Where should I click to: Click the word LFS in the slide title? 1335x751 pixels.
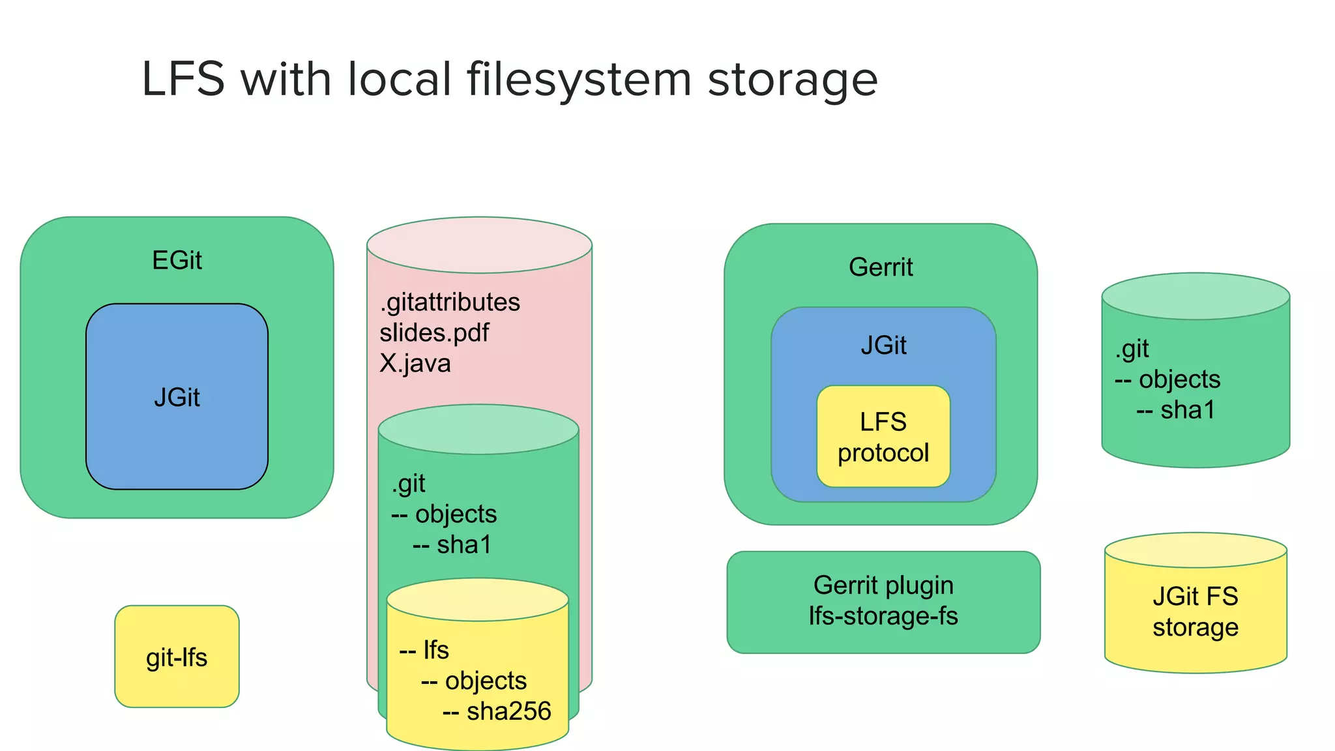click(x=183, y=80)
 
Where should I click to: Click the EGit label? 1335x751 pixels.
click(x=177, y=261)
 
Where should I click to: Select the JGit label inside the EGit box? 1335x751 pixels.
click(x=177, y=398)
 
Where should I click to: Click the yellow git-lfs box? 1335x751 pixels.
click(x=177, y=657)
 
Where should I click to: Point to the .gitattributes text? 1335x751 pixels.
click(x=450, y=302)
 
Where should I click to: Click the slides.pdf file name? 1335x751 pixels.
click(x=434, y=333)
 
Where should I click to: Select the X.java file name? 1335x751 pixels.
click(x=415, y=363)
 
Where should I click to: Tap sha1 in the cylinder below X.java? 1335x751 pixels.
click(x=463, y=545)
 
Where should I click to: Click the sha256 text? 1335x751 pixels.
click(x=508, y=711)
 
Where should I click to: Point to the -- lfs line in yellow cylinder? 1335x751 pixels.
click(x=424, y=651)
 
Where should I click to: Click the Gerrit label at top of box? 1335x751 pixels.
click(x=881, y=267)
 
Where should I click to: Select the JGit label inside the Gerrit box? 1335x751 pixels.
click(x=883, y=346)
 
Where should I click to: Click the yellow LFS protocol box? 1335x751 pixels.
click(x=883, y=437)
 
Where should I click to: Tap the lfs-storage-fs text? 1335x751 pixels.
click(x=883, y=616)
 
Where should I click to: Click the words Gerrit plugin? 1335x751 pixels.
click(x=883, y=585)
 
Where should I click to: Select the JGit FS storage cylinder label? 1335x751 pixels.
click(x=1195, y=612)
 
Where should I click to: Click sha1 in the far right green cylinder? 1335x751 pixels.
click(x=1187, y=410)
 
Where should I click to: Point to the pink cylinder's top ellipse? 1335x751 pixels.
click(x=479, y=245)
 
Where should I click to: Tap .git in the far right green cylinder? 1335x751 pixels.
click(x=1132, y=349)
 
